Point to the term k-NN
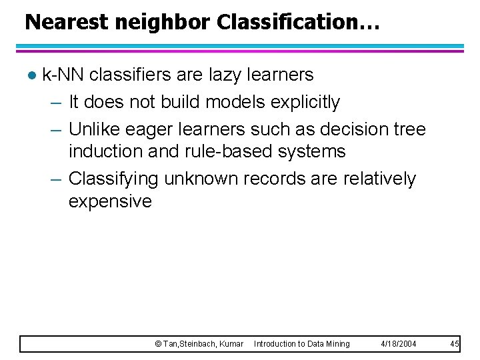click(x=63, y=75)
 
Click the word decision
click(x=345, y=128)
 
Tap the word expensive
click(x=110, y=201)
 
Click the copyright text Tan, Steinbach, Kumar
click(x=199, y=344)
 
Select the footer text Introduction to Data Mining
click(x=301, y=344)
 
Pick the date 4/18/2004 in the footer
click(x=398, y=344)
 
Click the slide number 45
click(x=455, y=344)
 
